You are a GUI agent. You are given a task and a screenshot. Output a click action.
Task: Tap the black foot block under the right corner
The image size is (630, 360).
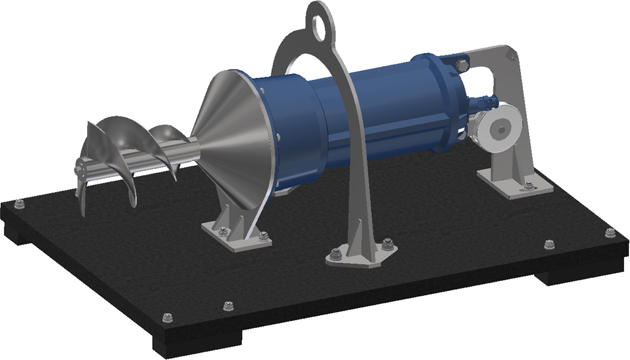(x=560, y=275)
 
